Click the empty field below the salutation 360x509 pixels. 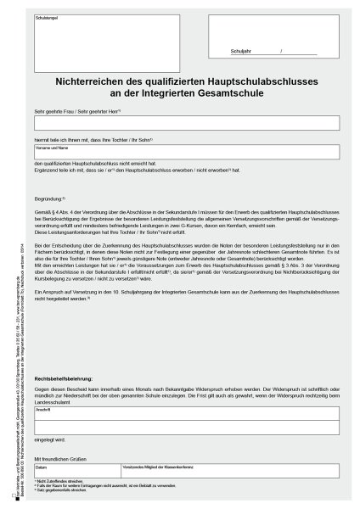[x=188, y=123]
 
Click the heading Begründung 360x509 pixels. [x=50, y=197]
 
